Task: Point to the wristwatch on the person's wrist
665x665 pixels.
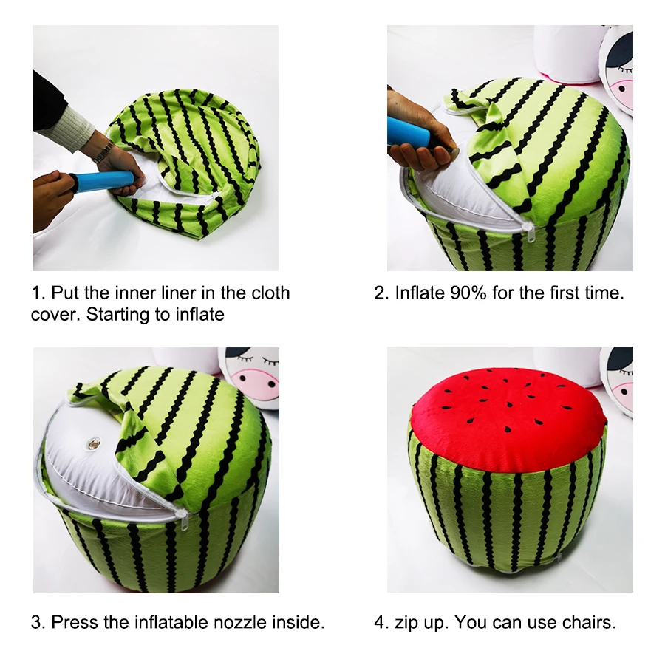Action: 103,152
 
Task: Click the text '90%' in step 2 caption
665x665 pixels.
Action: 467,293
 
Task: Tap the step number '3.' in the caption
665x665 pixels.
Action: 38,622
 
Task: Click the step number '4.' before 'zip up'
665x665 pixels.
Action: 381,622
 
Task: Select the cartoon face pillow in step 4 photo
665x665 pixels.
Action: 618,377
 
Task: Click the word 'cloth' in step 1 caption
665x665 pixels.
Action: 270,293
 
